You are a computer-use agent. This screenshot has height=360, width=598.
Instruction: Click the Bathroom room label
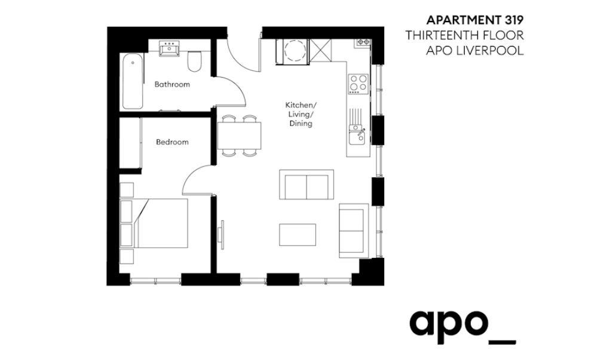coord(172,84)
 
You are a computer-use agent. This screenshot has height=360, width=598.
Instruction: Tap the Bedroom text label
coord(172,142)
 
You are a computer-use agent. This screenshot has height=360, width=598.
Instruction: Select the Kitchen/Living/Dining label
coord(301,114)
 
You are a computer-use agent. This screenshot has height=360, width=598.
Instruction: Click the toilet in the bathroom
coord(195,61)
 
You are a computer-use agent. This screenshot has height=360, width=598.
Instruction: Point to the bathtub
coord(133,81)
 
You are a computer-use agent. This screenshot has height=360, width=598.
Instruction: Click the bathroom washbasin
coord(169,48)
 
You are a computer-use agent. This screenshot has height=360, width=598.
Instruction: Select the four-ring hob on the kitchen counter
coord(358,84)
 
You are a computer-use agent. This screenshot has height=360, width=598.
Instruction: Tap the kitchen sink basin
coord(357,136)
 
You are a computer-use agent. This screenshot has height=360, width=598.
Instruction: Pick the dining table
coord(240,136)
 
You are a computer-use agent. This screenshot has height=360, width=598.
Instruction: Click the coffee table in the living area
coord(298,235)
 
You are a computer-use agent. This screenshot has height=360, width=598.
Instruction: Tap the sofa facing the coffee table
coord(306,184)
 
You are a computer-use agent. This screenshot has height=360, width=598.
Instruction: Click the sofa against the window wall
coord(354,231)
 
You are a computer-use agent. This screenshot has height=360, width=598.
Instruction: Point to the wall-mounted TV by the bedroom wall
coord(221,235)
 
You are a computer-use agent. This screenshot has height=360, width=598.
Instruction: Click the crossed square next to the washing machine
coord(321,50)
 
